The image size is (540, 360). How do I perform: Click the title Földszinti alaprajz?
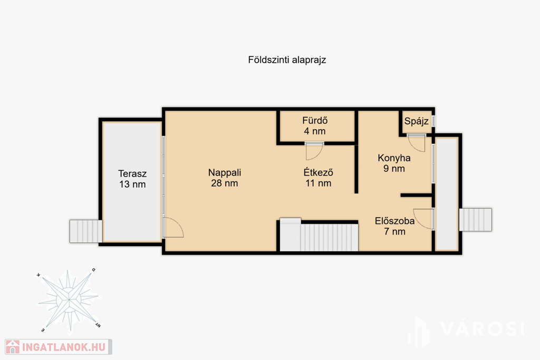287,60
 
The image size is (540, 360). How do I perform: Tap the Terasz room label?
132,173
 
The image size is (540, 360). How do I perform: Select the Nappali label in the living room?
225,172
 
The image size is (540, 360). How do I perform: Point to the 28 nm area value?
225,183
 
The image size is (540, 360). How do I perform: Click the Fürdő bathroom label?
315,121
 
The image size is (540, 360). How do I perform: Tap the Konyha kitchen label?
394,158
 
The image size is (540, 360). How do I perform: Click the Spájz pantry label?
417,121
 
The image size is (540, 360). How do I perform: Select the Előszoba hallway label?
394,221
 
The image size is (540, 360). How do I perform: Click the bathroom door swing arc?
319,155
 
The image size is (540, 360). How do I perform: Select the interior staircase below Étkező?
319,235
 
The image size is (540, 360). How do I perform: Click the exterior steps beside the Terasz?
86,231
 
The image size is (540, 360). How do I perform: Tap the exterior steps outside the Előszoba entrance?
476,220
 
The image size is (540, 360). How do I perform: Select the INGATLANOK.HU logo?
58,347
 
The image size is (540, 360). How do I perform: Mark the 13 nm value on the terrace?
132,184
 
